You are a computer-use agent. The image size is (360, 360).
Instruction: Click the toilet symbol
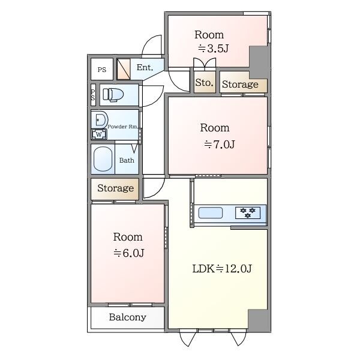tap(113, 94)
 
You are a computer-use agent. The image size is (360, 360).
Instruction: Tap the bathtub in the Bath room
tap(103, 159)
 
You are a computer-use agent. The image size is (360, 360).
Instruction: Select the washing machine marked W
tap(99, 134)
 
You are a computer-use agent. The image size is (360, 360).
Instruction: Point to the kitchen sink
tap(211, 212)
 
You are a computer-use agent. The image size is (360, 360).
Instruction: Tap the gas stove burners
tap(248, 212)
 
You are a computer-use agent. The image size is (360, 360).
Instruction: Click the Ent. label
tap(145, 67)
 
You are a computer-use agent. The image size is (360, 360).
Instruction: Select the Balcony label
tap(128, 317)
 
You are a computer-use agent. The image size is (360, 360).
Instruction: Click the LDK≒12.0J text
tap(222, 268)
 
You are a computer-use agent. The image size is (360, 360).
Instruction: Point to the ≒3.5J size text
tap(213, 48)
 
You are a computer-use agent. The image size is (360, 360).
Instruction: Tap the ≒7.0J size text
tap(220, 145)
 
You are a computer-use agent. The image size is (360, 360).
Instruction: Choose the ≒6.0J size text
tap(129, 253)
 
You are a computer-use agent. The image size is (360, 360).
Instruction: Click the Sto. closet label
tap(204, 83)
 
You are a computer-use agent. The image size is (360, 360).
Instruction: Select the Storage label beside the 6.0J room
tap(115, 188)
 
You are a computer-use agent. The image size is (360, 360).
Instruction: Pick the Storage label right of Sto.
tap(240, 85)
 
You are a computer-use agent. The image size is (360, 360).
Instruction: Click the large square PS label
tap(102, 70)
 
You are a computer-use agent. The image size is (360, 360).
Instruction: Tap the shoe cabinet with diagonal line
tap(124, 69)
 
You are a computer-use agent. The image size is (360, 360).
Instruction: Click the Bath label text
tap(127, 160)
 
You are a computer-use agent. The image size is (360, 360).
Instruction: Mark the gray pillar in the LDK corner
tap(259, 320)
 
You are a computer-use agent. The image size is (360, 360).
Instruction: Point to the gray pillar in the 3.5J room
tap(259, 62)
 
